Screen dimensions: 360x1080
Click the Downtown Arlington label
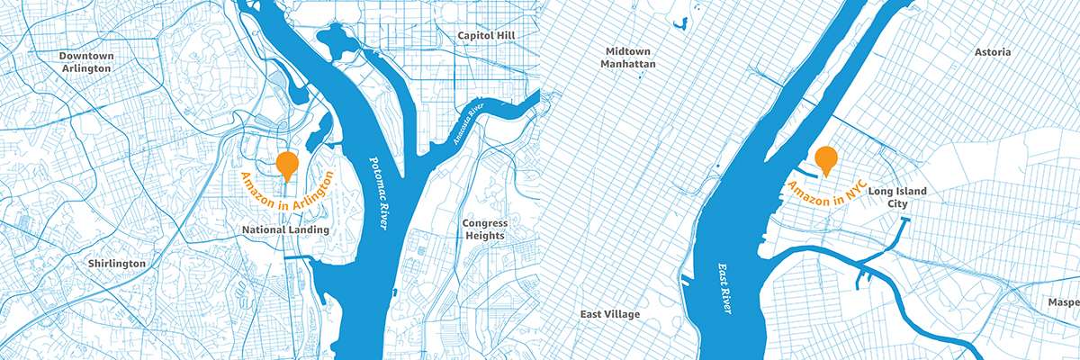[x=86, y=62]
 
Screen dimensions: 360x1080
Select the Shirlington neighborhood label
[x=117, y=264]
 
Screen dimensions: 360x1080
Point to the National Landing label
[x=285, y=230]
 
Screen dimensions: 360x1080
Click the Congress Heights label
[x=485, y=229]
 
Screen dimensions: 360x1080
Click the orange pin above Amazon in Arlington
[x=287, y=165]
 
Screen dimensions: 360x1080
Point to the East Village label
[x=610, y=314]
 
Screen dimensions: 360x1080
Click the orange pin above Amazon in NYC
[x=826, y=159]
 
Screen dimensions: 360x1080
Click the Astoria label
[x=993, y=53]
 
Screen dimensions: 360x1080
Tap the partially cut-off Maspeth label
[x=1064, y=303]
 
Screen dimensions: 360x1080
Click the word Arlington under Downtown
[x=86, y=68]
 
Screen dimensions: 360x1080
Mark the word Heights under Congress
[x=485, y=236]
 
